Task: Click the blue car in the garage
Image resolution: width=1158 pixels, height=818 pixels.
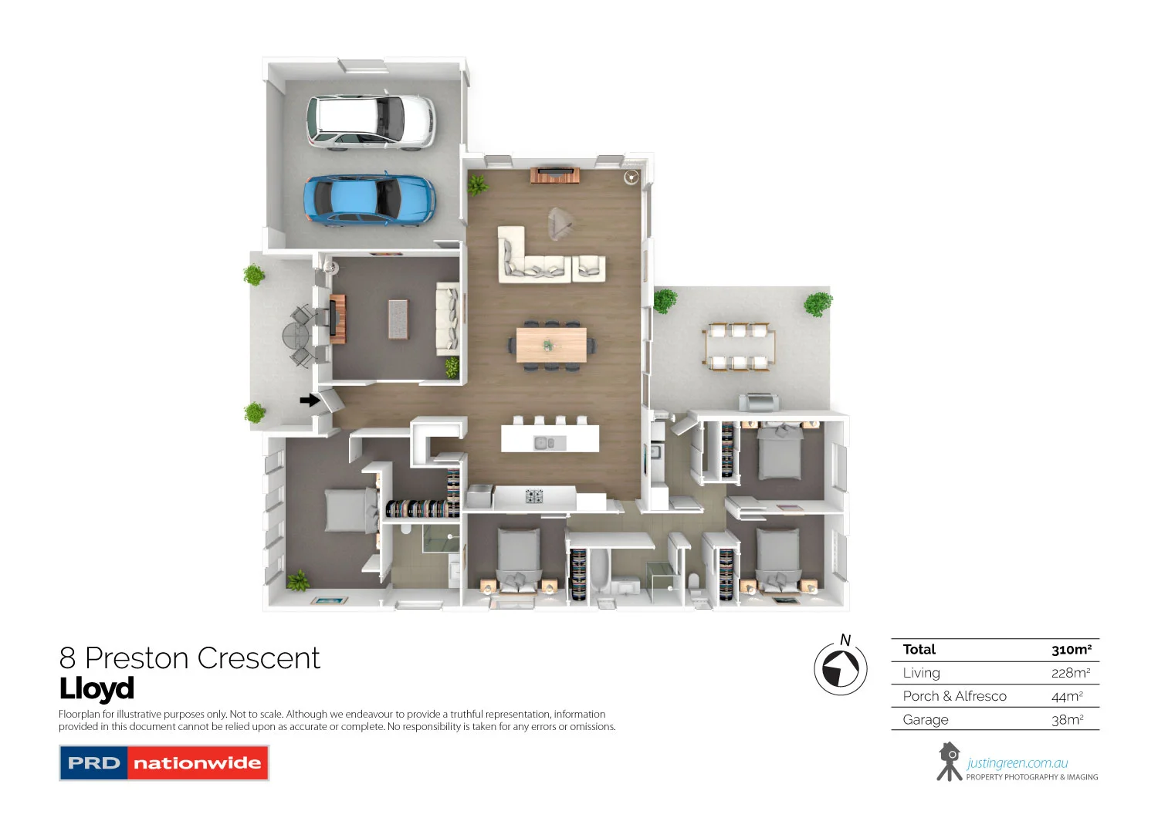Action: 369,198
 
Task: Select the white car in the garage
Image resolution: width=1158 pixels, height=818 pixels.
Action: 371,120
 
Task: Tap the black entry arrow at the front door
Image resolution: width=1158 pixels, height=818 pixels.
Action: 310,400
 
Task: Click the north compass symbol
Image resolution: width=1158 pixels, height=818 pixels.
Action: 840,668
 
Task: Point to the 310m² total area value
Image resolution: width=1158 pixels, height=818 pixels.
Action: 1071,650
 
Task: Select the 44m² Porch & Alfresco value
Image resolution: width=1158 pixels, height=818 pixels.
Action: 1067,696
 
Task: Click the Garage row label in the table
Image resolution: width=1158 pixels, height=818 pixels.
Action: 926,720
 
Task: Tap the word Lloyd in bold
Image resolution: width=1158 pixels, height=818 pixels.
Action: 97,688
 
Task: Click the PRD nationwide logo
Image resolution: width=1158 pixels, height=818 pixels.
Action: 164,762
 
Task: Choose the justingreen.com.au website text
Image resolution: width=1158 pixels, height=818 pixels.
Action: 1017,763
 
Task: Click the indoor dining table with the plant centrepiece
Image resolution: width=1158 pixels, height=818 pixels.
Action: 551,345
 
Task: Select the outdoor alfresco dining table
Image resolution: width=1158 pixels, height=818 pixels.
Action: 738,346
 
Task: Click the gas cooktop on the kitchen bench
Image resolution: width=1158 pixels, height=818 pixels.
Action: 534,496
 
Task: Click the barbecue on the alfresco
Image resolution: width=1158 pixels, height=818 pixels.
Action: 759,402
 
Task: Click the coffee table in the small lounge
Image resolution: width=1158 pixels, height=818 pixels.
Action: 398,319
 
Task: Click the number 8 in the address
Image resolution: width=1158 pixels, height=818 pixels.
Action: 68,658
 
